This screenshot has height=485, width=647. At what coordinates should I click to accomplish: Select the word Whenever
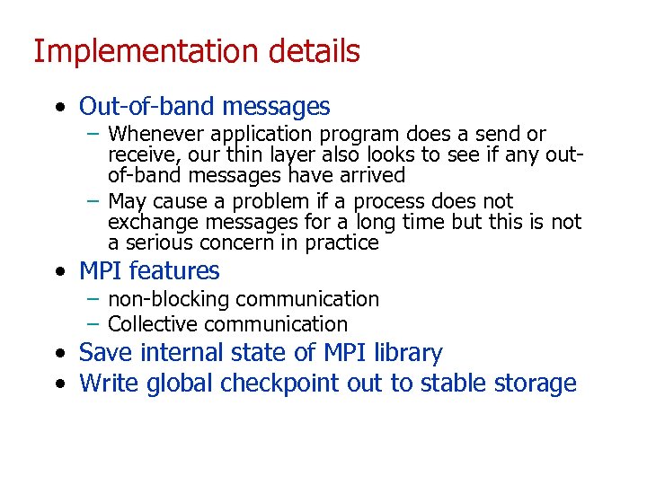point(153,135)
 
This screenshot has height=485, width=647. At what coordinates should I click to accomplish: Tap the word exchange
point(146,222)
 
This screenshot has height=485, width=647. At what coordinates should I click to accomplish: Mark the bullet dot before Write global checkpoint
point(58,384)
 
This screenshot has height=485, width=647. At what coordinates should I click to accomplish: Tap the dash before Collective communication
point(93,324)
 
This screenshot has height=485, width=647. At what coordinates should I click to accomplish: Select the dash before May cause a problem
point(93,201)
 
